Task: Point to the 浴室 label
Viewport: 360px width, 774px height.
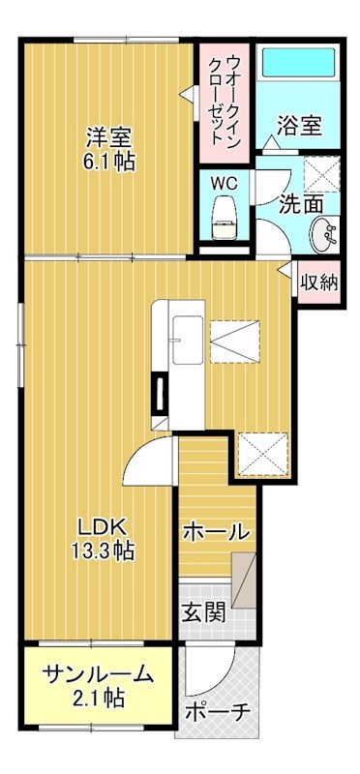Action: [x=300, y=126]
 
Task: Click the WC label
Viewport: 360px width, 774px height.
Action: [x=225, y=182]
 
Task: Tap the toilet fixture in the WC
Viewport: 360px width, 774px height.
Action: [x=225, y=215]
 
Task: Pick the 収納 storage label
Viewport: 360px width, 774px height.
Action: [x=318, y=283]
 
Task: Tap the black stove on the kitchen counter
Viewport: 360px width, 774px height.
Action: [x=158, y=394]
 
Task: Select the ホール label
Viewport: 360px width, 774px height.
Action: [x=216, y=531]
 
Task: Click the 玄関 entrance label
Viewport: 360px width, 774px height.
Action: [x=204, y=612]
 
